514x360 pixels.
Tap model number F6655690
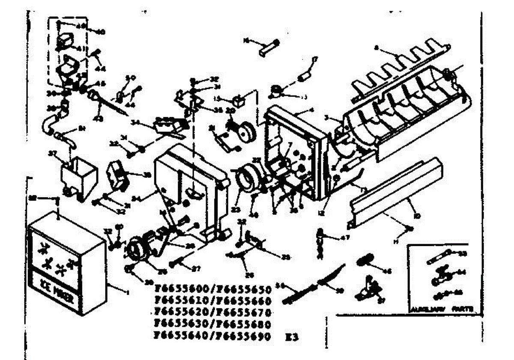(244, 337)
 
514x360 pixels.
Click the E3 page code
(291, 337)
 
